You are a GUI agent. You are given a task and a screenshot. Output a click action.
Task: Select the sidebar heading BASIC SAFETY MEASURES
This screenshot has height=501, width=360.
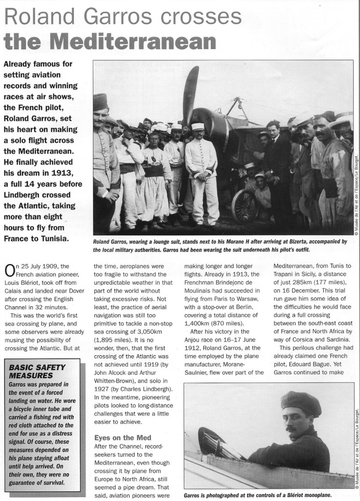(x=37, y=371)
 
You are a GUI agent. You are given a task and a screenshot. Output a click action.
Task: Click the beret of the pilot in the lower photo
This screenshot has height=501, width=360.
(x=300, y=403)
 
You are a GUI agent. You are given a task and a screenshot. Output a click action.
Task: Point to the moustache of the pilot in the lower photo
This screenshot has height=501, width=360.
(x=292, y=429)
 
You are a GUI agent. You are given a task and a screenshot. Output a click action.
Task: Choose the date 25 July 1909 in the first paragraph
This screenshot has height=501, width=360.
(x=45, y=266)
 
